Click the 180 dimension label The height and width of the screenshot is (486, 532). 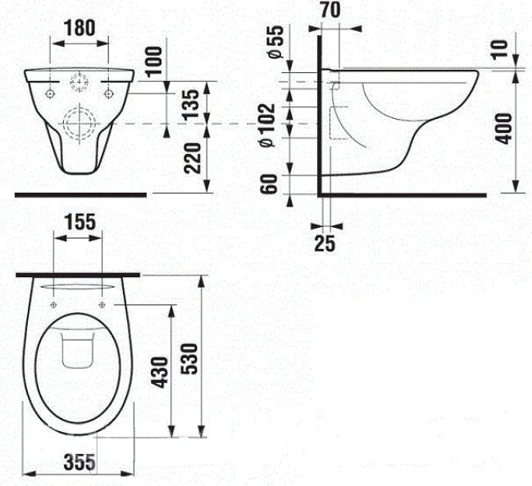coord(80,26)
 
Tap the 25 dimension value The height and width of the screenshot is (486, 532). coord(325,243)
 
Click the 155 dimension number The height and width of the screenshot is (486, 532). coord(79,221)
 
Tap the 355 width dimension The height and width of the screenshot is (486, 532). coord(79,462)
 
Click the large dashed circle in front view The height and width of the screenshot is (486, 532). coord(79,124)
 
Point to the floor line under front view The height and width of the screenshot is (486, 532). coord(82,195)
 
